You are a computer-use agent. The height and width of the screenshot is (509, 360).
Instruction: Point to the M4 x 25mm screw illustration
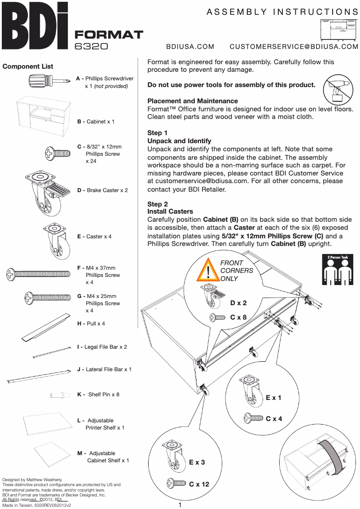click(x=47, y=297)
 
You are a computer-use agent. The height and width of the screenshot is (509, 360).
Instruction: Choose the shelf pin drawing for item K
click(x=60, y=395)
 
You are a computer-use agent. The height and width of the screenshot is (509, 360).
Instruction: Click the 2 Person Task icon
click(x=338, y=269)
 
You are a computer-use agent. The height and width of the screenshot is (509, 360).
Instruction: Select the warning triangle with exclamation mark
click(x=209, y=270)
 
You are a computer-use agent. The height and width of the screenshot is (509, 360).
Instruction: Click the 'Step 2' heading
click(x=158, y=204)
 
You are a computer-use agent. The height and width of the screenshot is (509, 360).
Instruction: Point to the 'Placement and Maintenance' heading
click(x=193, y=101)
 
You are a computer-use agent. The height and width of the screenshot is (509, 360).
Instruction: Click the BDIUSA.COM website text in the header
click(x=190, y=47)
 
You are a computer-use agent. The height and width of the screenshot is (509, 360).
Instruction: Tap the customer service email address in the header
click(x=294, y=47)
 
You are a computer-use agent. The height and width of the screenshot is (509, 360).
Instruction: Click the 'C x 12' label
click(x=199, y=484)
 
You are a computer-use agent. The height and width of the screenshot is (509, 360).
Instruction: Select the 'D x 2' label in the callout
click(x=238, y=303)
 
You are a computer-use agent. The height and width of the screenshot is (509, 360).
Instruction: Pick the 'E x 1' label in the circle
click(x=273, y=398)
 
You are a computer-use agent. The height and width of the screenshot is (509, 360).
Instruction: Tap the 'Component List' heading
click(x=28, y=66)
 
